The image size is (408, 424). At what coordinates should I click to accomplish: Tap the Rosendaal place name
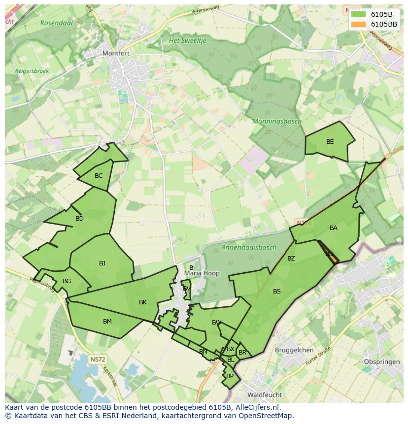click(x=57, y=22)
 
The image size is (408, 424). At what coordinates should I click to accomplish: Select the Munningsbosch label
click(x=277, y=121)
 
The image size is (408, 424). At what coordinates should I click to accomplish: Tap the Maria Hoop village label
click(x=202, y=273)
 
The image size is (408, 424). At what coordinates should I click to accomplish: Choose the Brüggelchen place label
click(x=294, y=350)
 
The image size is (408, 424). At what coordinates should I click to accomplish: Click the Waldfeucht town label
click(x=265, y=395)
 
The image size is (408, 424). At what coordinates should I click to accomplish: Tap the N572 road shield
click(x=98, y=359)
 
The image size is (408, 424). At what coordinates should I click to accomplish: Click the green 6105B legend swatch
click(x=358, y=14)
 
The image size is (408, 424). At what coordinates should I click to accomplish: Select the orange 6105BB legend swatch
click(x=358, y=24)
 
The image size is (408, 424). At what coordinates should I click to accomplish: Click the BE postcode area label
click(x=330, y=142)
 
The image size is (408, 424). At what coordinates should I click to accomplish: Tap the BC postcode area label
click(x=99, y=176)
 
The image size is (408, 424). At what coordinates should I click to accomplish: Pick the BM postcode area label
click(x=107, y=322)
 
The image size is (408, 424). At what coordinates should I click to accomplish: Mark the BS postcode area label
click(x=277, y=292)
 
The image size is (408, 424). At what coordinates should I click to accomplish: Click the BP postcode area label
click(x=230, y=376)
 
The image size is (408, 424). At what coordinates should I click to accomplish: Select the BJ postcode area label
click(x=102, y=263)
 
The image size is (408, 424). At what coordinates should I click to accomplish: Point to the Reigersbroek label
click(x=32, y=71)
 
